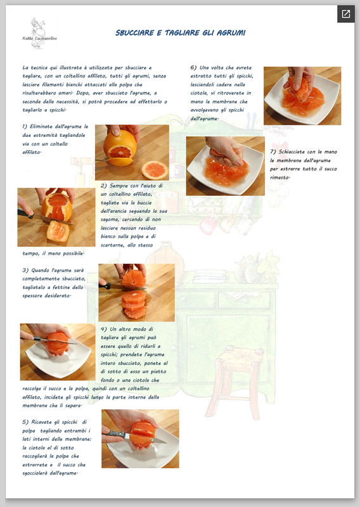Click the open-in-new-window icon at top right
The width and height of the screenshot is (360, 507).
click(346, 14)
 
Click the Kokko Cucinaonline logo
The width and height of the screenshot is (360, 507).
click(39, 34)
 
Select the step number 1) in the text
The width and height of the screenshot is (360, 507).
click(25, 126)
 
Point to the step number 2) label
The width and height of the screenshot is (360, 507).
click(103, 186)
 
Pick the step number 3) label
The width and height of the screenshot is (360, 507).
click(25, 270)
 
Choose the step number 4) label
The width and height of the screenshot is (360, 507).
click(103, 329)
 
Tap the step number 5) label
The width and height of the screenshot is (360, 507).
click(25, 422)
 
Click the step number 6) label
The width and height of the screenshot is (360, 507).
click(193, 68)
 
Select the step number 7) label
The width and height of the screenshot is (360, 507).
click(273, 151)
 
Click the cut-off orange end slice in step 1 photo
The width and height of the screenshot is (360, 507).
click(155, 169)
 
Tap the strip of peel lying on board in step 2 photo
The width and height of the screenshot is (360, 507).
click(58, 231)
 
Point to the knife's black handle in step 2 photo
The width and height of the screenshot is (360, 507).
click(26, 214)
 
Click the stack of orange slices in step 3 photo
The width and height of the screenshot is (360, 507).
click(134, 304)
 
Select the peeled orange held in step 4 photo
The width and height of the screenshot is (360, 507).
click(58, 343)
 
